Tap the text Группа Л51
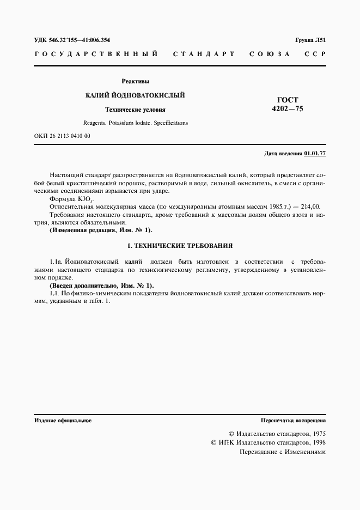310,40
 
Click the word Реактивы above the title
136,81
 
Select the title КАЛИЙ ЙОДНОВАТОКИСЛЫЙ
136,95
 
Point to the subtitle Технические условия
136,110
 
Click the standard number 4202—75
287,109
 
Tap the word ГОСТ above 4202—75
288,100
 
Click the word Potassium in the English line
120,123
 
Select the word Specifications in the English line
170,123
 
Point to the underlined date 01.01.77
315,154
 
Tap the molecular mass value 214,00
310,208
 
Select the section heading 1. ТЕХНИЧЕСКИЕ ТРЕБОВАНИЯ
180,246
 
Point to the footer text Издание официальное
63,421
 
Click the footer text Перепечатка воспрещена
294,421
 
